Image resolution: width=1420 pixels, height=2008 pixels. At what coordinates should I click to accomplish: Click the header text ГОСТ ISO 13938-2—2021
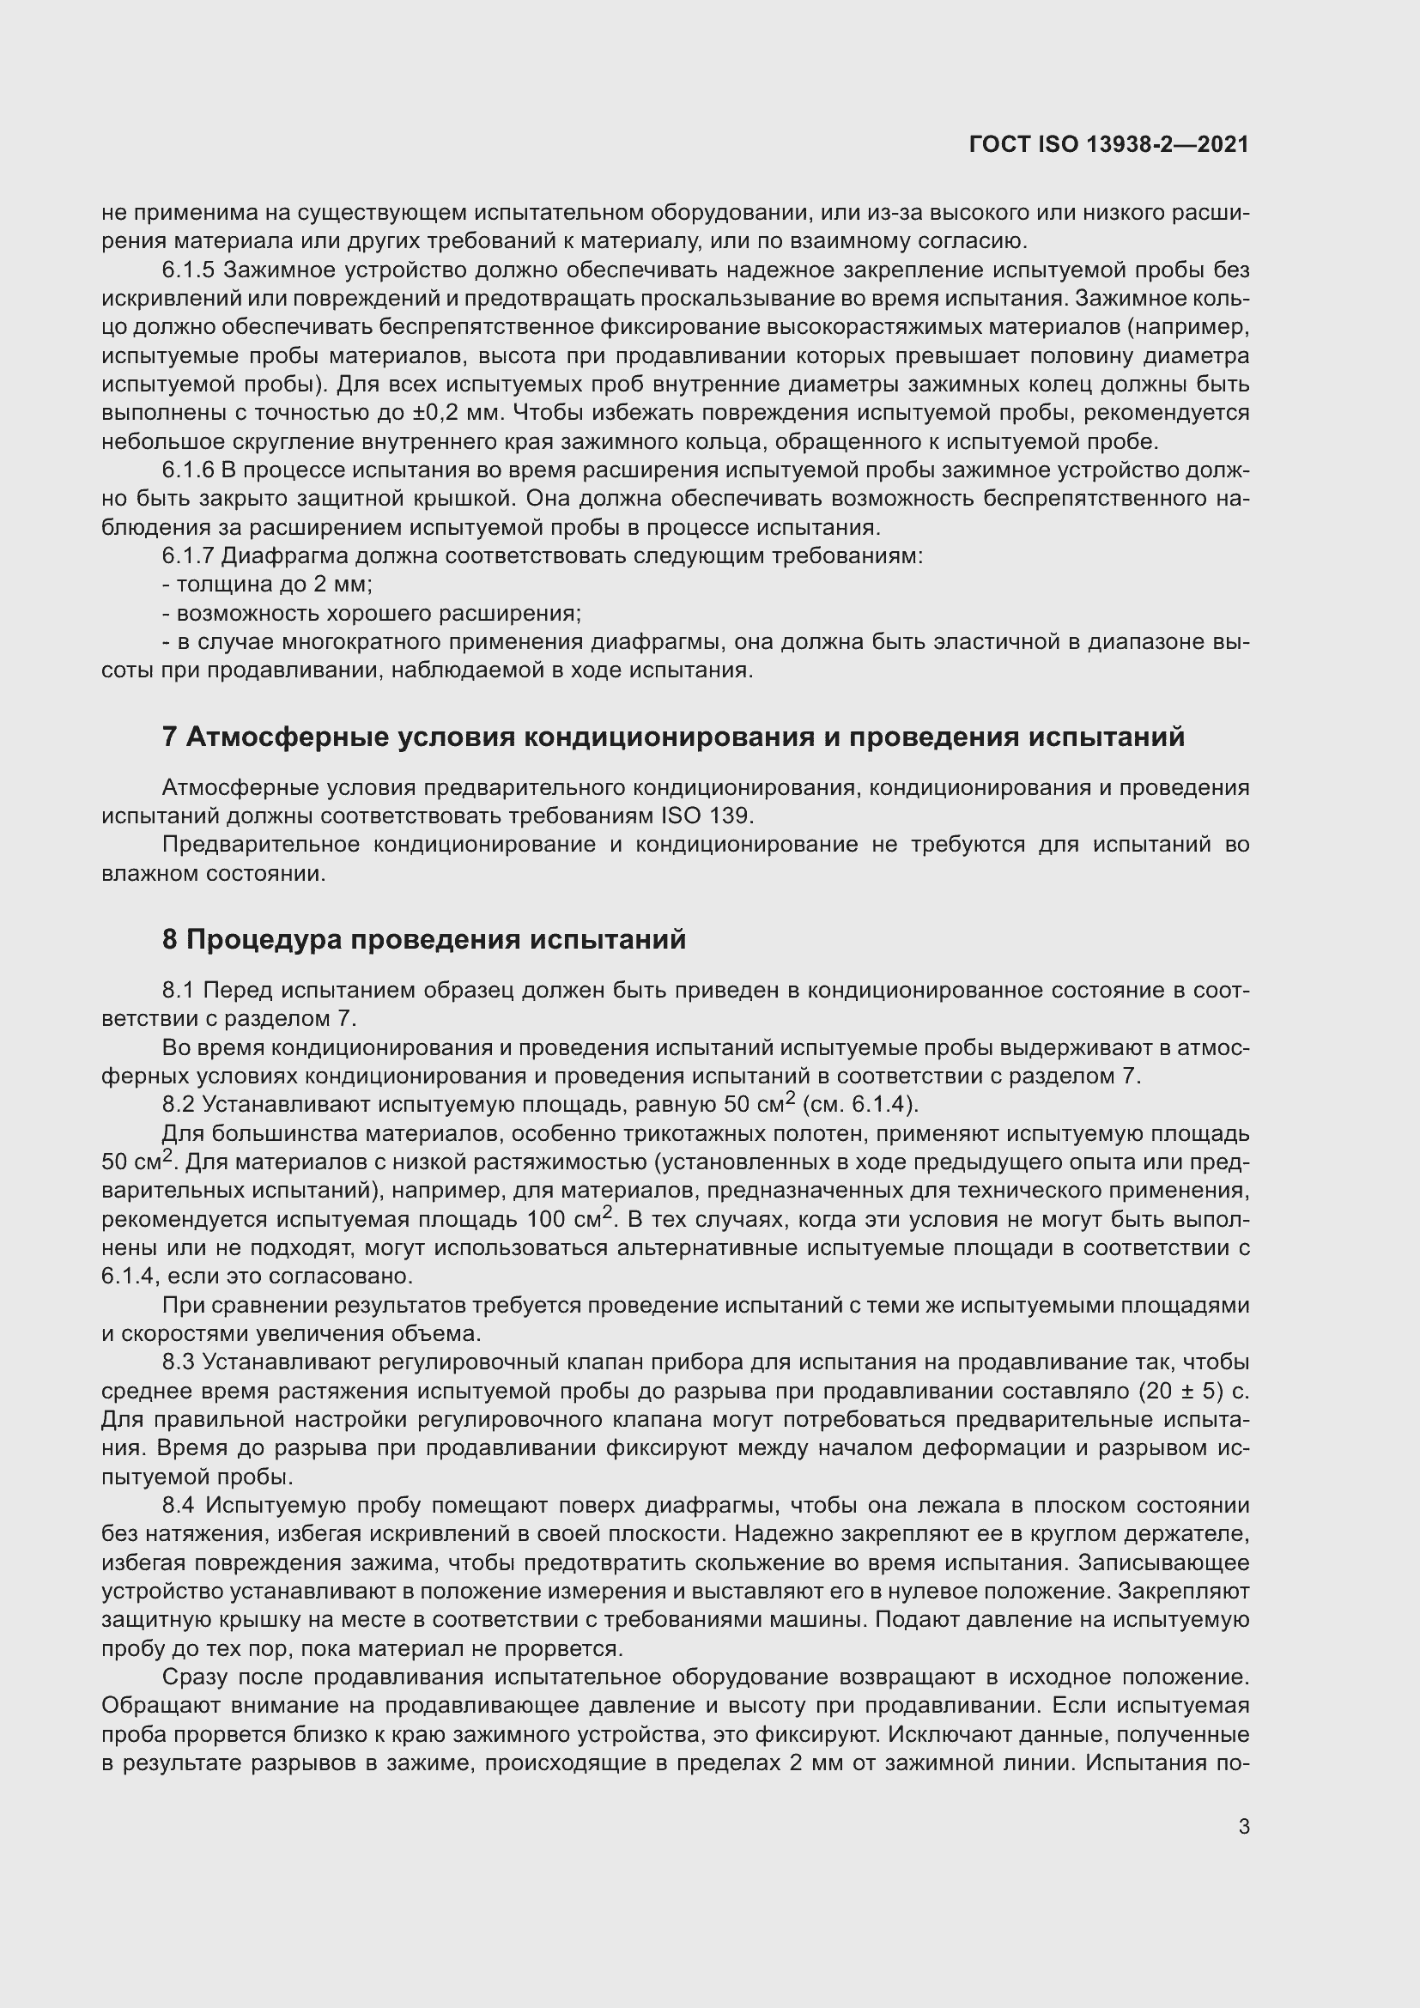[x=1108, y=144]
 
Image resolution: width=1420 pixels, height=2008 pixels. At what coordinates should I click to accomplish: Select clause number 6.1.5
[x=188, y=270]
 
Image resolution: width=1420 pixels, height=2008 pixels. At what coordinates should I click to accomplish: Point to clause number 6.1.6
[x=188, y=470]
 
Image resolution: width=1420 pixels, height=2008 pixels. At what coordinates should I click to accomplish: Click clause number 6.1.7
[x=188, y=555]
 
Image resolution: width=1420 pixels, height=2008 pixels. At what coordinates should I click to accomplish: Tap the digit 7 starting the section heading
[x=170, y=737]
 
